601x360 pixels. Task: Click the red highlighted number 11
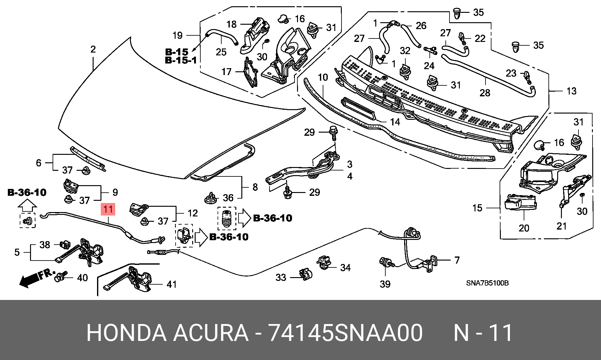pos(108,209)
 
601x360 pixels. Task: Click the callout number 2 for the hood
pos(93,49)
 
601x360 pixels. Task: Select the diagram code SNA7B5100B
pos(487,283)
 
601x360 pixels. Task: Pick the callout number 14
pos(395,122)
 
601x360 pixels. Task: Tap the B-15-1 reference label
pos(181,60)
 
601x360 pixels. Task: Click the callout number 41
pos(172,284)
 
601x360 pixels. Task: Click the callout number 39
pos(385,284)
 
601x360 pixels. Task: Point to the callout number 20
pos(524,228)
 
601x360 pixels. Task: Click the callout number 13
pos(572,91)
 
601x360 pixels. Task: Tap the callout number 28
pos(485,93)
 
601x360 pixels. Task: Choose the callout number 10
pos(323,77)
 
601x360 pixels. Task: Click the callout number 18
pos(232,24)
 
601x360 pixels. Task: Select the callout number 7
pos(457,260)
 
